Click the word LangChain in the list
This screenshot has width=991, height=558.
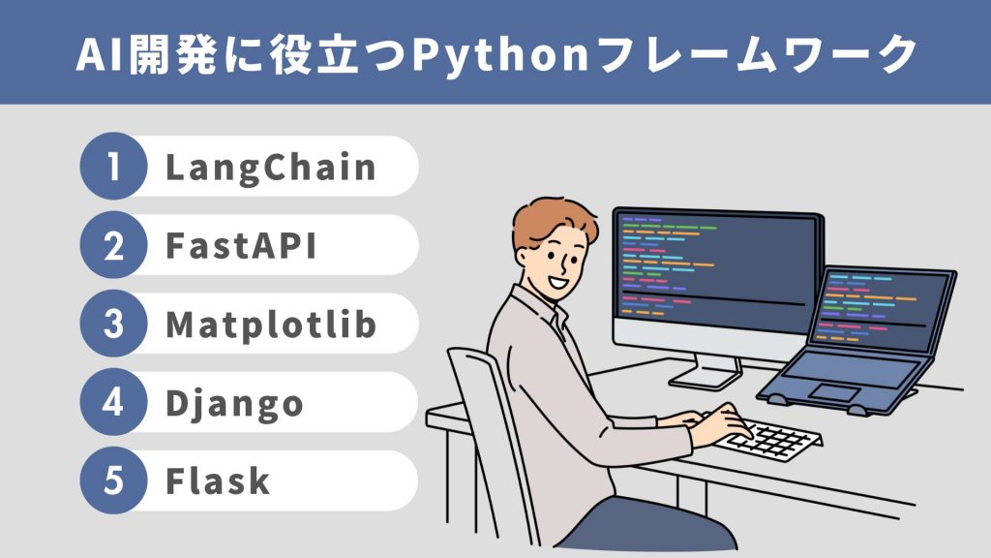(271, 168)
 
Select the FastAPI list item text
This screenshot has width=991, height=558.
(241, 245)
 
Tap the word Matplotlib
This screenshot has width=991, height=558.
(271, 325)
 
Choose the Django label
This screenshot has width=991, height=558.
(234, 404)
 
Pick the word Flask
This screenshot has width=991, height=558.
(218, 480)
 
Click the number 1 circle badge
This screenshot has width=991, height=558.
(114, 166)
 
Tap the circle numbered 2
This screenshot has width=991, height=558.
(114, 245)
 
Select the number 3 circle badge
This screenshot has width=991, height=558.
(114, 324)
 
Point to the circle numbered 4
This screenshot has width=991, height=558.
(114, 402)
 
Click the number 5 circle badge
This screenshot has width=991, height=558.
(114, 480)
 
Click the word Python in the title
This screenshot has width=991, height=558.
(501, 55)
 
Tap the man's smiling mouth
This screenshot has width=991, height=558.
(557, 280)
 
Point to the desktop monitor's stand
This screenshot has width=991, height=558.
(706, 373)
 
